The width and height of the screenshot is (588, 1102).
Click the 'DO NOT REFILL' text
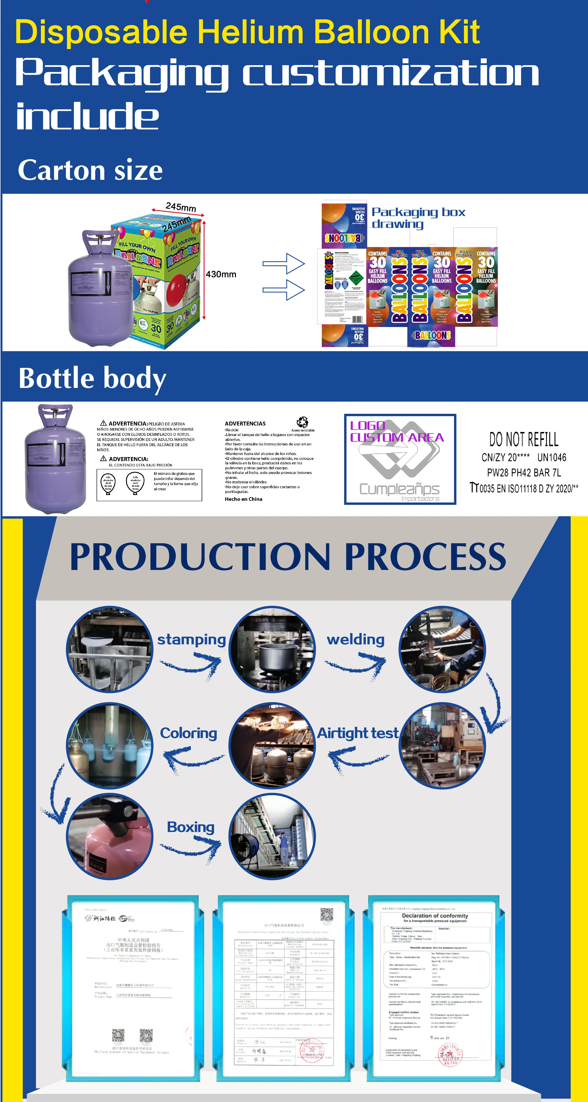click(524, 439)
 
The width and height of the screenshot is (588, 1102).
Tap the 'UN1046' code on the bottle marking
click(552, 457)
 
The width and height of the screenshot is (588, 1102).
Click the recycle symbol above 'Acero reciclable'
click(302, 422)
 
